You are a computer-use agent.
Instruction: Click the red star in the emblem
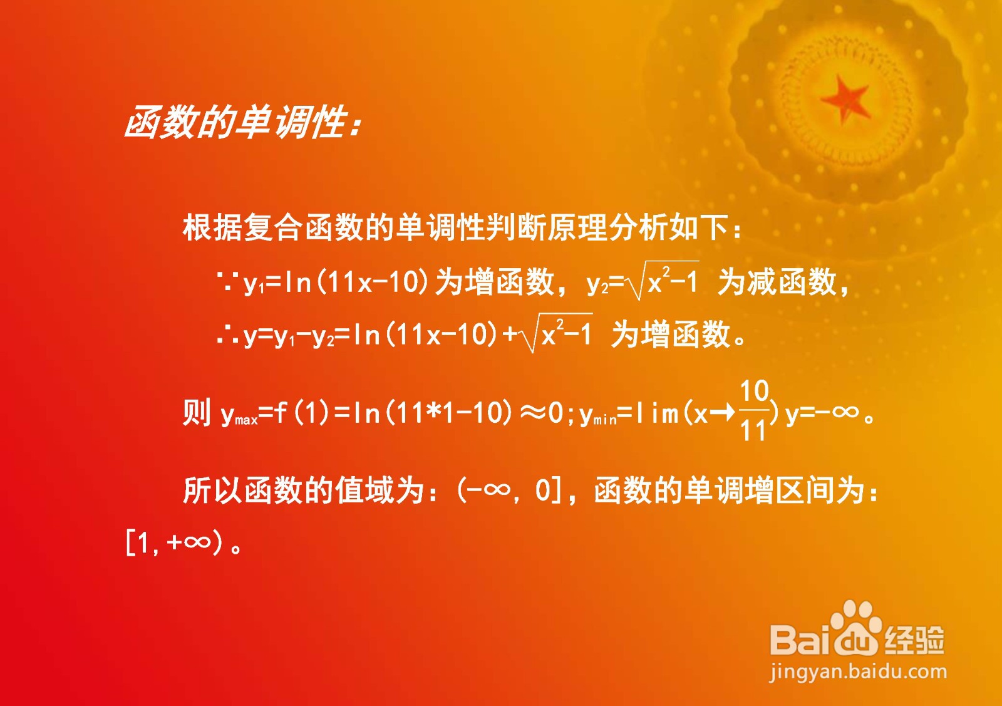tap(845, 100)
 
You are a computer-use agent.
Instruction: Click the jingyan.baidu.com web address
tap(858, 673)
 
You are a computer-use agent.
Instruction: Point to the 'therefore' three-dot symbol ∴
tap(226, 335)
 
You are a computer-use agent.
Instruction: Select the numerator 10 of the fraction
tap(754, 391)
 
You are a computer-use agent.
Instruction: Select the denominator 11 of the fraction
tap(753, 431)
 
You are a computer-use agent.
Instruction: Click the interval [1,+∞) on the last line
tap(173, 544)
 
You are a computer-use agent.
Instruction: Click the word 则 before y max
tap(196, 412)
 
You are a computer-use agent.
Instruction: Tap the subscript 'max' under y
tap(247, 420)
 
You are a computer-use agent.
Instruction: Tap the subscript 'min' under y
tap(604, 420)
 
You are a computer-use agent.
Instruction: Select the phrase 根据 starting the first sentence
tap(212, 228)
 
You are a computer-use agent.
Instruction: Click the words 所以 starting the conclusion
tap(212, 491)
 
